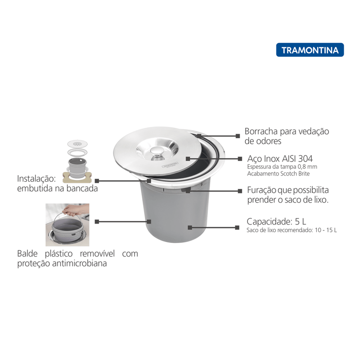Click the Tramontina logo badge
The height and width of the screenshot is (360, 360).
(x=310, y=50)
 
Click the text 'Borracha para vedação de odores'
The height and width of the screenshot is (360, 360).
(x=287, y=136)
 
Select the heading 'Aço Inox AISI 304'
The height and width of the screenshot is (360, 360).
(x=280, y=159)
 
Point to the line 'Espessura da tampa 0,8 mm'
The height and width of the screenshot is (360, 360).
(x=282, y=166)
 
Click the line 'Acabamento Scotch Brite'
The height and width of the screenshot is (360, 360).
(x=278, y=174)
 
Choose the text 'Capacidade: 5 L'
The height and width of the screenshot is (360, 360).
(x=276, y=222)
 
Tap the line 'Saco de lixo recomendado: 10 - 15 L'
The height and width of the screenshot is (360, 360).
(x=292, y=230)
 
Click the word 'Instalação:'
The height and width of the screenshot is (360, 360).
(x=36, y=179)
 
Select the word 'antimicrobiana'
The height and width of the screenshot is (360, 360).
(x=80, y=263)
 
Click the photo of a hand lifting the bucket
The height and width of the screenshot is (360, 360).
(x=67, y=225)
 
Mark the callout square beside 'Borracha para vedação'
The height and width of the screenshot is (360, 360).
(x=238, y=136)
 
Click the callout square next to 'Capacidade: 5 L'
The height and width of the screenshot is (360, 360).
(x=237, y=228)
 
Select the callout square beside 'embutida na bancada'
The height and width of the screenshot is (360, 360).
(x=97, y=181)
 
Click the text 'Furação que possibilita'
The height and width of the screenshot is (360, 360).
(x=288, y=190)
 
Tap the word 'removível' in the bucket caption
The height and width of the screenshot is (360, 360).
(x=97, y=253)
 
